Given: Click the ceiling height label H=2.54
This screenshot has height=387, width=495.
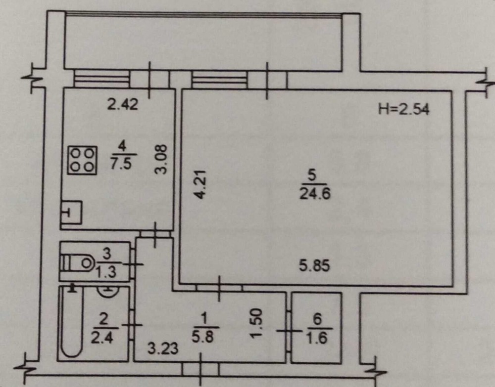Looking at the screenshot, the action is click(x=404, y=110).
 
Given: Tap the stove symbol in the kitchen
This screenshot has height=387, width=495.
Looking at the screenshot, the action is click(x=82, y=160).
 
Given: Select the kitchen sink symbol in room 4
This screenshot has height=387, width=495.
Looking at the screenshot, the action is click(x=71, y=213).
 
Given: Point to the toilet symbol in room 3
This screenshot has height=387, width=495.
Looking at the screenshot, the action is click(x=77, y=262).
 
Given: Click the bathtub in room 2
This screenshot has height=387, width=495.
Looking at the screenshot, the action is click(x=72, y=321).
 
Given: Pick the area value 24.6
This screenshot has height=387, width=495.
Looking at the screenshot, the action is click(x=315, y=193).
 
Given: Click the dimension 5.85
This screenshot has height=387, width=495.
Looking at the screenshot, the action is click(x=314, y=265).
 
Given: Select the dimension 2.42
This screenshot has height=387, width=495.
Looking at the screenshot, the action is click(x=122, y=104).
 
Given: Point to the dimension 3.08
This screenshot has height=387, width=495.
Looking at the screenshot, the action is click(x=161, y=159).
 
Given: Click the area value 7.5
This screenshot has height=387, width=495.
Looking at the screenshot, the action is click(x=121, y=164).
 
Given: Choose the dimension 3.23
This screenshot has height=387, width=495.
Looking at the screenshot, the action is click(x=163, y=349).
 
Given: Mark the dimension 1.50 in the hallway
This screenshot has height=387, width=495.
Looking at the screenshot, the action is click(x=256, y=323).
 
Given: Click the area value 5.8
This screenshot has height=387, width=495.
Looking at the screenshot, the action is click(x=202, y=337).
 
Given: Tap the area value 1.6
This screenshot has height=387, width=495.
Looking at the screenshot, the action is click(x=317, y=338).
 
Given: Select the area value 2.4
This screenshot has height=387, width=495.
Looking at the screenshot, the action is click(x=102, y=338).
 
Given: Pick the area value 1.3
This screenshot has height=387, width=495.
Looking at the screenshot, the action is click(x=106, y=272).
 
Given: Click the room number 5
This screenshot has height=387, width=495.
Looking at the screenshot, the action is click(x=311, y=175).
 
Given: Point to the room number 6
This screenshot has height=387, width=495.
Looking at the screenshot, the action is click(x=317, y=319).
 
